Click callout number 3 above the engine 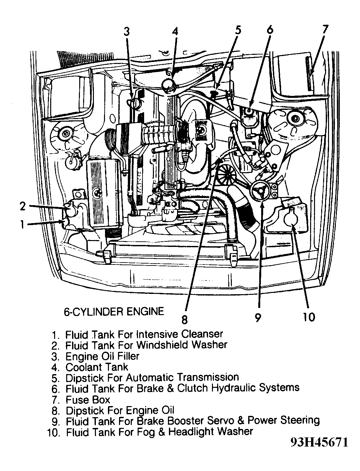pos(127,32)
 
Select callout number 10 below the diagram pos(309,317)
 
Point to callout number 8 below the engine pos(185,320)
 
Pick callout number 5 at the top pos(237,30)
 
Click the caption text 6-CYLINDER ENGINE pos(114,311)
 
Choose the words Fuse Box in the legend pos(88,400)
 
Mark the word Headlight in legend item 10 pos(190,432)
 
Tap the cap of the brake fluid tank pos(249,112)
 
